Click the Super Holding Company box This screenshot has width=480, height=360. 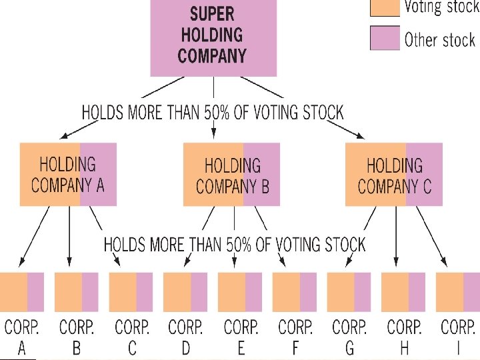213,37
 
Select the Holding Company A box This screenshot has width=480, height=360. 68,174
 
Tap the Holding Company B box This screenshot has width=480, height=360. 231,174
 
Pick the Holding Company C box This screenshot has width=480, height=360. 393,174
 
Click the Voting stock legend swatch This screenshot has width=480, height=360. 385,7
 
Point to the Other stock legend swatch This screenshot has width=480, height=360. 385,37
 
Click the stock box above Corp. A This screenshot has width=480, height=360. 21,291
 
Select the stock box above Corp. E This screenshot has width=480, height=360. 239,291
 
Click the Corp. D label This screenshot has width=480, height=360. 185,337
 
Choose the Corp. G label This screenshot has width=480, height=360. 349,337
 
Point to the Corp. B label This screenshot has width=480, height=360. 76,337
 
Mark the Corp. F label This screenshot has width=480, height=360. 295,337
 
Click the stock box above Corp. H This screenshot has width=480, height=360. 403,291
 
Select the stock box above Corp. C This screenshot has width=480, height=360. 131,291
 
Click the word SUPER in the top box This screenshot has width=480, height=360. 213,14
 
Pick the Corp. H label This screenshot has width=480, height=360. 404,337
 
